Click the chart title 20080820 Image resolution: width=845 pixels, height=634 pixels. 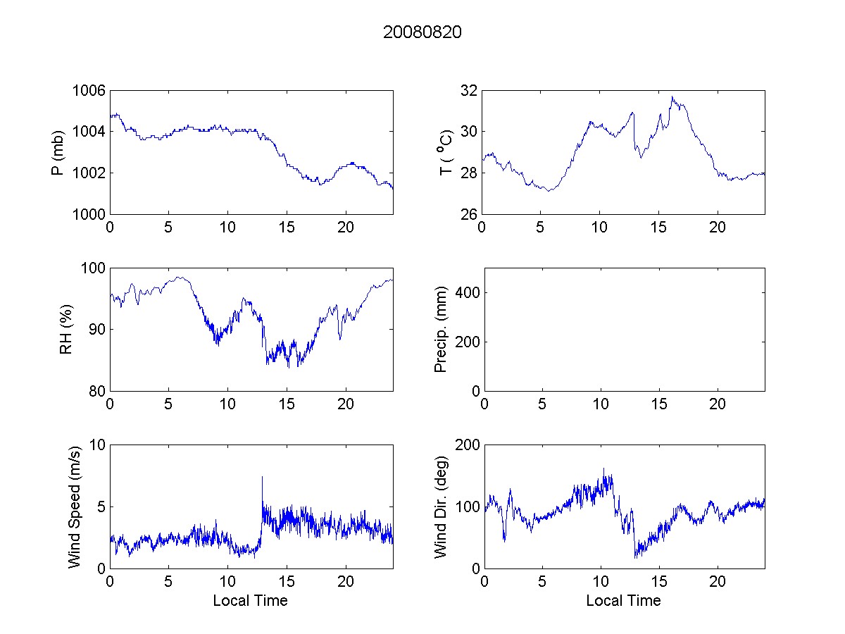coord(423,32)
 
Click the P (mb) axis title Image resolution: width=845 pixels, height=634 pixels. coord(58,152)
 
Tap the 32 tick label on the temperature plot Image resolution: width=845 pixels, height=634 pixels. coord(468,91)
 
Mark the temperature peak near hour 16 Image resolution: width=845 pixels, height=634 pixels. coord(672,97)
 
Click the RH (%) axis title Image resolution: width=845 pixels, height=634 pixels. coord(67,330)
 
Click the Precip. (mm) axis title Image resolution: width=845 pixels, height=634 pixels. coord(441,330)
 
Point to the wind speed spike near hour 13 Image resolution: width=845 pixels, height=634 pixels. coord(262,477)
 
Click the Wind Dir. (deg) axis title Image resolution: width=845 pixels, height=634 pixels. coord(441,506)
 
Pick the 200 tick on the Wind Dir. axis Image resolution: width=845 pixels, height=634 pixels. coord(463,445)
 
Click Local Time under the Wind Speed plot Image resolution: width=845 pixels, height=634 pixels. coord(250,600)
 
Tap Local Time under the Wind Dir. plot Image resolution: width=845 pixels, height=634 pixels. coord(623,600)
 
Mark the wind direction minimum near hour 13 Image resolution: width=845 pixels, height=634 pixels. coord(635,557)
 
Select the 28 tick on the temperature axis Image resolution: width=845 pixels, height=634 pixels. coord(468,173)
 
